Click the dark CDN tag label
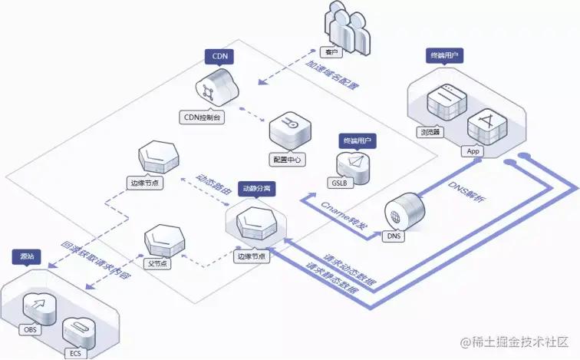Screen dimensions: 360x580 219,56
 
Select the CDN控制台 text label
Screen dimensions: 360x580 209,117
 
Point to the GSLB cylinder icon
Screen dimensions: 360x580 352,165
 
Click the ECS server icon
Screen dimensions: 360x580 78,331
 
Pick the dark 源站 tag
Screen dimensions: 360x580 26,256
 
